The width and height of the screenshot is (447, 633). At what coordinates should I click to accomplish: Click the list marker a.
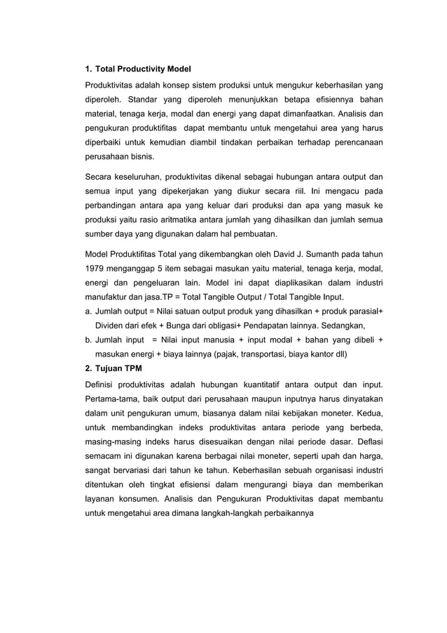(x=88, y=311)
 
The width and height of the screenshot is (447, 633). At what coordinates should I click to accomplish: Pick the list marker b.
(x=88, y=340)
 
